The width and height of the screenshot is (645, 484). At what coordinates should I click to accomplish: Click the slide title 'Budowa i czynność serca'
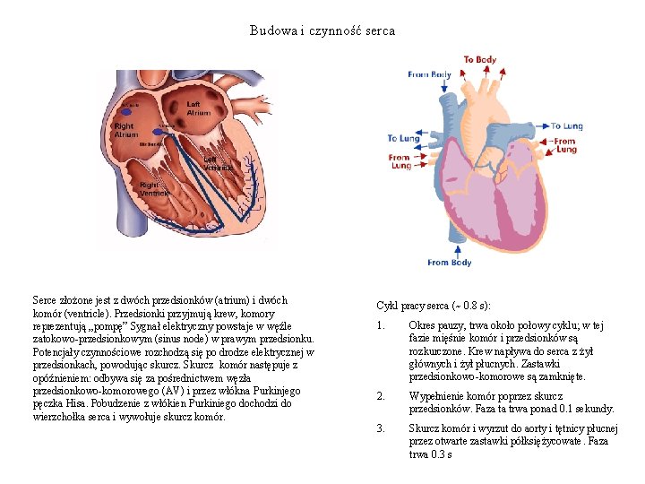click(x=322, y=30)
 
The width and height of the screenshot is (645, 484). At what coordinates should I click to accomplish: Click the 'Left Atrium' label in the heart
click(x=199, y=108)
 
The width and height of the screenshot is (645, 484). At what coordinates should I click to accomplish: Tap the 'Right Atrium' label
click(x=126, y=130)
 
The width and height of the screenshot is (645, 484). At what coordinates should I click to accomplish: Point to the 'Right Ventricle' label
click(x=153, y=188)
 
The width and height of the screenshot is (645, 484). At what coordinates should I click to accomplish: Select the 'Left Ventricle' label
click(x=218, y=163)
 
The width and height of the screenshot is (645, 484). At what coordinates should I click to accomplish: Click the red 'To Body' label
click(x=479, y=60)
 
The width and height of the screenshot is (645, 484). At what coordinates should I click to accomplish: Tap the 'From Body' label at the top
click(x=429, y=74)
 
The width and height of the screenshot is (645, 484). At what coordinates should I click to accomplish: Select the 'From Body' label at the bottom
click(x=449, y=263)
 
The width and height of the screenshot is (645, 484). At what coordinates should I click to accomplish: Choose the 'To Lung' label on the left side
click(x=403, y=139)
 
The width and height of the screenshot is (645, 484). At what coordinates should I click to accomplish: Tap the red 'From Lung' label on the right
click(x=565, y=145)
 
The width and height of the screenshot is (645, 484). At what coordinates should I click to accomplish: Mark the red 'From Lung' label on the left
click(x=400, y=161)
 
